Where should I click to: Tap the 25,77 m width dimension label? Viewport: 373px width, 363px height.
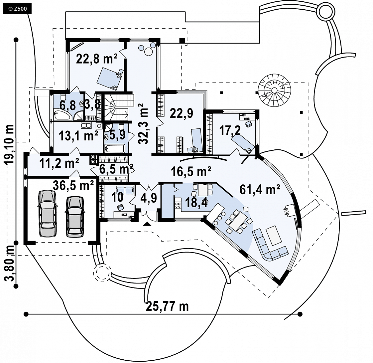pyautogui.click(x=167, y=306)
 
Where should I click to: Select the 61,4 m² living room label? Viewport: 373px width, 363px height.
pyautogui.click(x=260, y=190)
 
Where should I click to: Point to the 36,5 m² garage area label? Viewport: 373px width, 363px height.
pyautogui.click(x=73, y=185)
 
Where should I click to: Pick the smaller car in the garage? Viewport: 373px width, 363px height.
pyautogui.click(x=74, y=216)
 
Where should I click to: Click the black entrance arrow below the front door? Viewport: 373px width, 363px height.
pyautogui.click(x=147, y=225)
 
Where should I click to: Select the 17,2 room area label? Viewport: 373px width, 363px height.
pyautogui.click(x=230, y=130)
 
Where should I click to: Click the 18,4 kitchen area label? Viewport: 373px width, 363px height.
pyautogui.click(x=196, y=203)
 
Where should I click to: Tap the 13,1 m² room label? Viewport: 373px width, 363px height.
pyautogui.click(x=78, y=136)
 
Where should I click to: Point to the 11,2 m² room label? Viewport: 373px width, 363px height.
pyautogui.click(x=59, y=163)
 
